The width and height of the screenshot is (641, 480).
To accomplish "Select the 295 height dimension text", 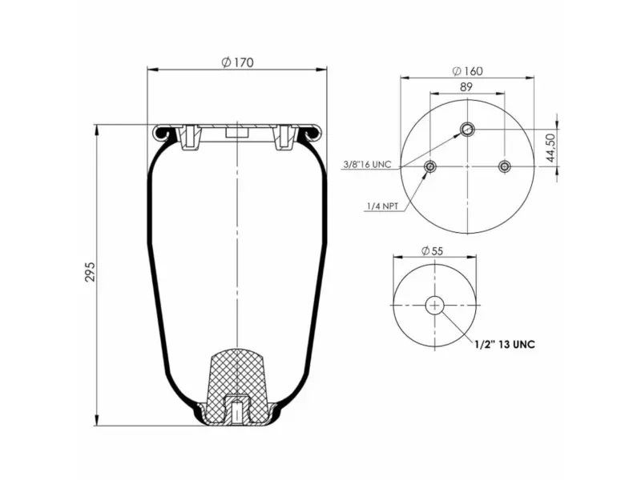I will pyautogui.click(x=91, y=272).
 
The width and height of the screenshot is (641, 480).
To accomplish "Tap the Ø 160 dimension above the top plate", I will pyautogui.click(x=467, y=71).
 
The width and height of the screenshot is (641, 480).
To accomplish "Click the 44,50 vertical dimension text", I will pyautogui.click(x=550, y=148).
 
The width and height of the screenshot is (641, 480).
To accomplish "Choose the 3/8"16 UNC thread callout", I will pyautogui.click(x=366, y=164).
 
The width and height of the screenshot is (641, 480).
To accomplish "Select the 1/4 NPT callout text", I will pyautogui.click(x=383, y=206).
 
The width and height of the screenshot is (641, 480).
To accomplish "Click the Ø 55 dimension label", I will pyautogui.click(x=433, y=250).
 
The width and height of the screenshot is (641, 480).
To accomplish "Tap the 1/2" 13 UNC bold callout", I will pyautogui.click(x=503, y=344).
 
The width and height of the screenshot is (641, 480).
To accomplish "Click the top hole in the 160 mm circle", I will pyautogui.click(x=467, y=130).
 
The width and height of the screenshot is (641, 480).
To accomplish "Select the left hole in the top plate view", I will pyautogui.click(x=430, y=166).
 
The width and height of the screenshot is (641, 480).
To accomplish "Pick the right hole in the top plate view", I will pyautogui.click(x=504, y=166).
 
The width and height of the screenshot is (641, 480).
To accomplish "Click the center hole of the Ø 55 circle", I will pyautogui.click(x=434, y=305).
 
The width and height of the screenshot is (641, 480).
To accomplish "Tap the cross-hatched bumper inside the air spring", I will pyautogui.click(x=238, y=376).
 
